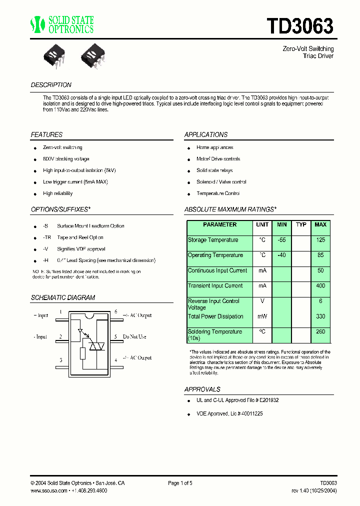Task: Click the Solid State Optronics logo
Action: click(62, 24)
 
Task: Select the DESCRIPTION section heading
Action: click(51, 85)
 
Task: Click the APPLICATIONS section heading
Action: click(206, 134)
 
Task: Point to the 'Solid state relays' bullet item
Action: click(214, 170)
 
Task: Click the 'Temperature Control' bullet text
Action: click(218, 193)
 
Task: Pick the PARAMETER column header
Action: click(219, 225)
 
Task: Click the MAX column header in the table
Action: click(320, 225)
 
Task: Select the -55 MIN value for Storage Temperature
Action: click(281, 240)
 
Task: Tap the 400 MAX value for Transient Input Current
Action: click(320, 286)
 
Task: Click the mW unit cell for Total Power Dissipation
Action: click(262, 316)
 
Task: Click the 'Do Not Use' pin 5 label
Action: click(134, 336)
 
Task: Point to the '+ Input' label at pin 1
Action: click(41, 315)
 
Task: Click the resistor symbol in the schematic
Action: click(83, 353)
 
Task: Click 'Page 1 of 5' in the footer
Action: click(180, 483)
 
